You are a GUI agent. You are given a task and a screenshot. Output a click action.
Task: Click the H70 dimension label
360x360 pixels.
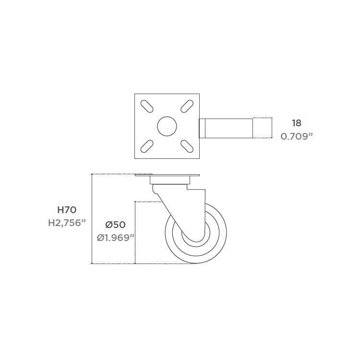(x=67, y=210)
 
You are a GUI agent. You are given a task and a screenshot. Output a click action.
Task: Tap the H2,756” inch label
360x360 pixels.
(x=67, y=223)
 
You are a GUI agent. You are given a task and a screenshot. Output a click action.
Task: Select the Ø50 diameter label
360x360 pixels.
(x=116, y=225)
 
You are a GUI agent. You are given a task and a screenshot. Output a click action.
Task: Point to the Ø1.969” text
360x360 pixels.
(x=116, y=238)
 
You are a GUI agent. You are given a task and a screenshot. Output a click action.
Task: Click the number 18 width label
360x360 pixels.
(x=297, y=123)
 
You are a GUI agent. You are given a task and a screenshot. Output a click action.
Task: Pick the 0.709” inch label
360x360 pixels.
(x=297, y=136)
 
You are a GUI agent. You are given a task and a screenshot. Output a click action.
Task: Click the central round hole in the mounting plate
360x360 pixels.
(x=167, y=126)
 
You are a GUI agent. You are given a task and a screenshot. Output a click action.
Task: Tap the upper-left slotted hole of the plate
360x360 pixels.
(x=147, y=106)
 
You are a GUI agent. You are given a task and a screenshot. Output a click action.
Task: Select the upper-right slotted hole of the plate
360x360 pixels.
(x=187, y=106)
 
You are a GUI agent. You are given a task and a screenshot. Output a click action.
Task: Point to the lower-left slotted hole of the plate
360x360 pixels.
(x=147, y=146)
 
